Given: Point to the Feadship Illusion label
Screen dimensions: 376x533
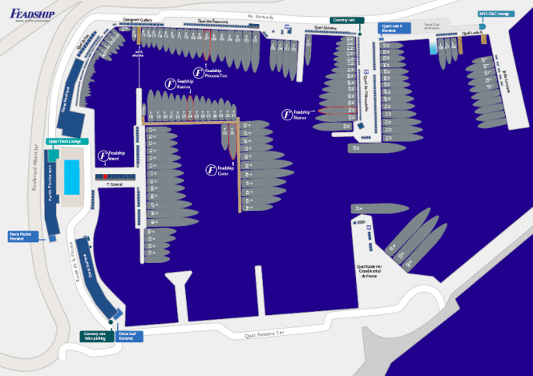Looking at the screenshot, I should click(x=298, y=114).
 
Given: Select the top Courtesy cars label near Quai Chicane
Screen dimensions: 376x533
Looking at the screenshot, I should click(x=347, y=19).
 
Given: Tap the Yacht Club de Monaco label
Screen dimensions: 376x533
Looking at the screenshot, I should click(x=433, y=27).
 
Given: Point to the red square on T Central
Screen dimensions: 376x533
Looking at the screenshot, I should click(x=105, y=176).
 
